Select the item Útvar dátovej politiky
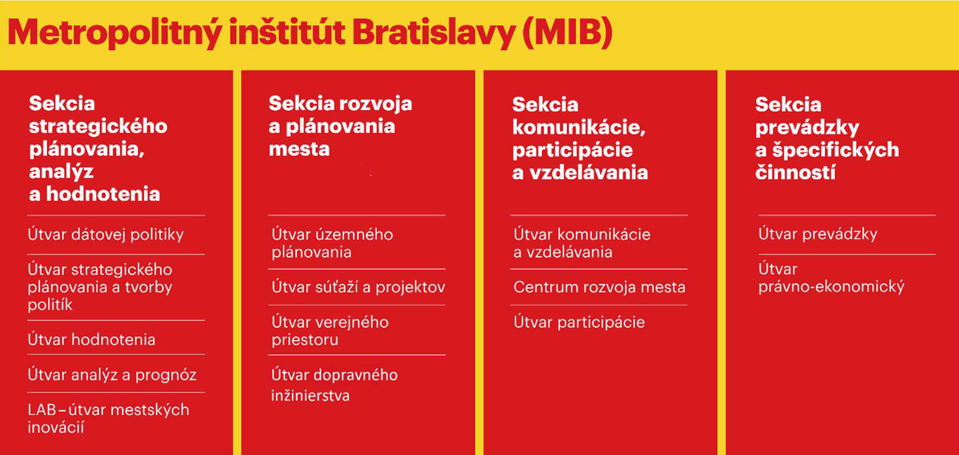(x=106, y=234)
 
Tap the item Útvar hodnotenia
(x=92, y=339)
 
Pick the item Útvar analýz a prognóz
(x=112, y=375)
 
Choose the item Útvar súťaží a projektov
(x=358, y=287)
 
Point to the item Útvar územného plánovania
(x=332, y=243)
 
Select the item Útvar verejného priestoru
(x=330, y=330)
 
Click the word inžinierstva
(x=311, y=396)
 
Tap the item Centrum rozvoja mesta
(x=600, y=287)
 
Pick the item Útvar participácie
(x=579, y=322)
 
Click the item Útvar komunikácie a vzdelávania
(x=582, y=243)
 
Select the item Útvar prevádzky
(x=818, y=234)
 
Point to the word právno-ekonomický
(x=831, y=287)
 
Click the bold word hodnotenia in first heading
(x=103, y=194)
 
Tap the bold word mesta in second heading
(x=299, y=149)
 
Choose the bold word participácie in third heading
(x=573, y=150)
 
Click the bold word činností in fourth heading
(x=796, y=172)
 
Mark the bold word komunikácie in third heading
(x=579, y=128)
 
